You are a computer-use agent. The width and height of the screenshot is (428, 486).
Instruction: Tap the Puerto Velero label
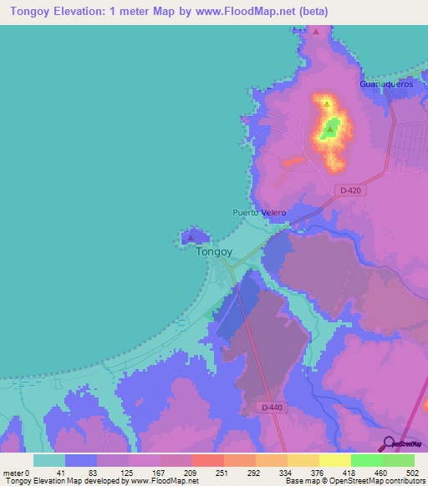[259, 213]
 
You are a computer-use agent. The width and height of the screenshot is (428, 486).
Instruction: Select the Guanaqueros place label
[386, 84]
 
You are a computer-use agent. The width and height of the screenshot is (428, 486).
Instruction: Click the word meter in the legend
[13, 472]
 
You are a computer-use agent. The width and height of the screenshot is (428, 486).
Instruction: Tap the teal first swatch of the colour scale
[49, 460]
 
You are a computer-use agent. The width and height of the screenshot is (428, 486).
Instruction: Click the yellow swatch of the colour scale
[334, 460]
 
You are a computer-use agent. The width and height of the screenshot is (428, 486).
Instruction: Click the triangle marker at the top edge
[317, 31]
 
